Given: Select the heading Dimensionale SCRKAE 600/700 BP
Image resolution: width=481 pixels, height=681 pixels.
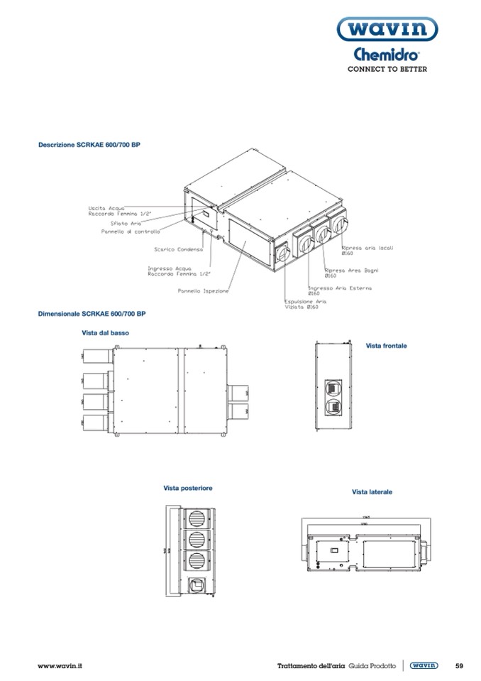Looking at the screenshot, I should (92, 313).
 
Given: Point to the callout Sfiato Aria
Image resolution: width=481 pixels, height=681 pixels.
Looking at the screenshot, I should (116, 223).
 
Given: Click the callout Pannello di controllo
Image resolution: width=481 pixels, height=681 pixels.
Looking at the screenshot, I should (131, 231).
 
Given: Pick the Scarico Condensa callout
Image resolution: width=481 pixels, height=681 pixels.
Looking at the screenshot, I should (179, 249).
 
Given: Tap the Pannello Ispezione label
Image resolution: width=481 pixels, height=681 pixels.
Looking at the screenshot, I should (203, 291).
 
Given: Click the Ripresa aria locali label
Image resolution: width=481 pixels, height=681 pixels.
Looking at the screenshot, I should (367, 248).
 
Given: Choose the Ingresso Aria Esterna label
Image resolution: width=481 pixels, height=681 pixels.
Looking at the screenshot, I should (339, 288).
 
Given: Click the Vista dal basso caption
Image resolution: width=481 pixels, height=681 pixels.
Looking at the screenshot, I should (106, 332).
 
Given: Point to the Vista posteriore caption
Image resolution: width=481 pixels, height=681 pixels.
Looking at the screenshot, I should (188, 488).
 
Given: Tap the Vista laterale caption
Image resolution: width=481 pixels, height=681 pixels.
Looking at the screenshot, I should (372, 491).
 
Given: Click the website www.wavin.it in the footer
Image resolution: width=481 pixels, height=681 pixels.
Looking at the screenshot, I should (60, 665).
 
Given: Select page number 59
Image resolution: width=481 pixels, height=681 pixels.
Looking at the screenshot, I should (459, 665).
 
